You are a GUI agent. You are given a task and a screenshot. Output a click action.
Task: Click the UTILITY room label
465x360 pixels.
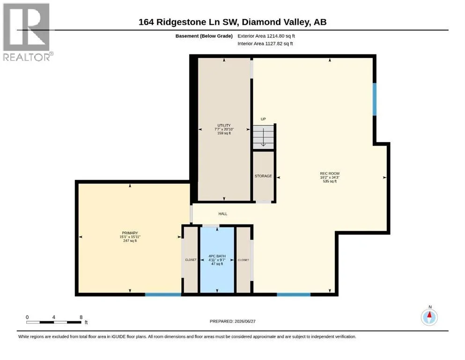coord(224,126)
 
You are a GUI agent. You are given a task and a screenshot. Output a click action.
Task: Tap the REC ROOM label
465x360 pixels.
coord(330,173)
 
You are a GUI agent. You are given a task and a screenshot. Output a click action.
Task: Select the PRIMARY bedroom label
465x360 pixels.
coord(130,233)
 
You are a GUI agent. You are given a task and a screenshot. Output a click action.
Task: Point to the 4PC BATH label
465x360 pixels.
coord(217,256)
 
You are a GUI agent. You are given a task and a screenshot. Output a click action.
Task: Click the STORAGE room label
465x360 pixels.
coord(263,176)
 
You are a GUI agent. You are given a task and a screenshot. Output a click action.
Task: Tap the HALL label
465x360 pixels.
coord(223,214)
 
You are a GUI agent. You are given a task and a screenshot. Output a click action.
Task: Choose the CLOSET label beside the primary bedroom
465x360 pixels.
coord(191,260)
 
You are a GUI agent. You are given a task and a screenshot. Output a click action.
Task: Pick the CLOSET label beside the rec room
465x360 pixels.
coord(243,260)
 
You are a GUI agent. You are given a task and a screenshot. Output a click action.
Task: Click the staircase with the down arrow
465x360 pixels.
coord(263,137)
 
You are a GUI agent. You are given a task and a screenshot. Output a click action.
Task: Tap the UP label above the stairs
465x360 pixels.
coord(263,119)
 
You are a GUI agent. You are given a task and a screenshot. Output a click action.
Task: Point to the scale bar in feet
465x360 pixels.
coord(54,322)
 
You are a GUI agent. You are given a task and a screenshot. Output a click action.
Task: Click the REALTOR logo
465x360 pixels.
coord(27,32)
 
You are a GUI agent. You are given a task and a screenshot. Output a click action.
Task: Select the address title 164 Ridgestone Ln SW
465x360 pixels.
coord(189,22)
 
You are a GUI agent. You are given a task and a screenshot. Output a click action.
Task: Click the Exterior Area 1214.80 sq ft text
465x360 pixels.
coord(266,36)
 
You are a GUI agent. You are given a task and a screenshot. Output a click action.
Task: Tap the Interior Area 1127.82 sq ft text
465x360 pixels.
coord(265,44)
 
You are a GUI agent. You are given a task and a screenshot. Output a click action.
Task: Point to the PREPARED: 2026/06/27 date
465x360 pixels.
coord(232,321)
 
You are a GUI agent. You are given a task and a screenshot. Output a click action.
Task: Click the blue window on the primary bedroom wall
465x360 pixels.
coord(163,294)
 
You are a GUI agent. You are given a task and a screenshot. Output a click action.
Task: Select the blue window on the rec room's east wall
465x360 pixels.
coord(375,99)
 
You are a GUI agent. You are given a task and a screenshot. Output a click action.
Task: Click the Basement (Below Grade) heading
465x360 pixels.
coord(204,36)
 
